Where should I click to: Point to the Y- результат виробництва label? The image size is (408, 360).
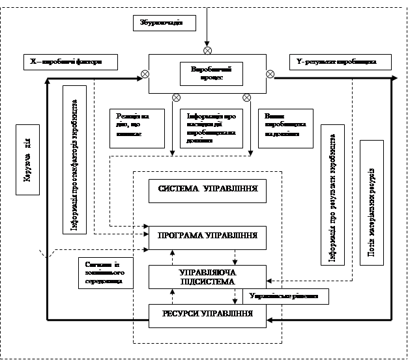pos(341,62)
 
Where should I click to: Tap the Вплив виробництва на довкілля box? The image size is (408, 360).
pos(282,126)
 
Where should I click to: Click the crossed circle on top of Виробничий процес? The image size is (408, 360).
pos(207,50)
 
